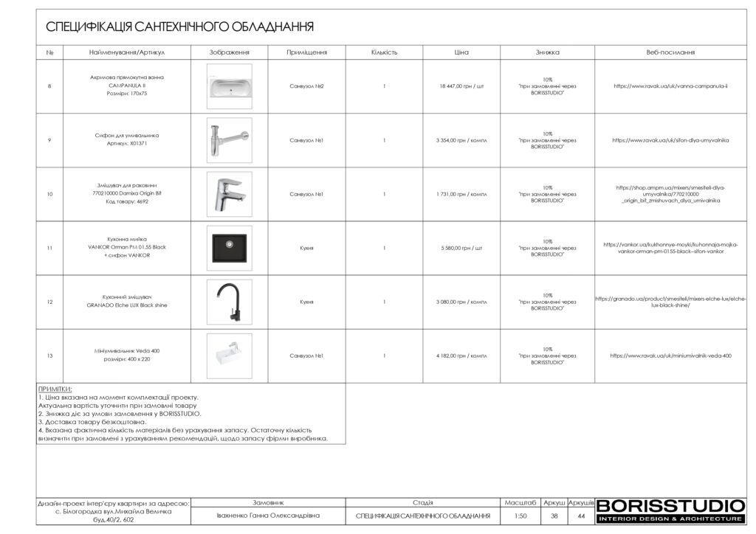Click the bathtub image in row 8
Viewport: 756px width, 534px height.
[x=229, y=86]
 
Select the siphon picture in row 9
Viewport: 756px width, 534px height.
[x=229, y=140]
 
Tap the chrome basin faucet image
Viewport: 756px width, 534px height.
[x=229, y=194]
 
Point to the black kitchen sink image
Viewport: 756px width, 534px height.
[x=229, y=248]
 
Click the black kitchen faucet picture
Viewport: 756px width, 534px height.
[x=229, y=302]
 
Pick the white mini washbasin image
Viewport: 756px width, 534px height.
[x=229, y=356]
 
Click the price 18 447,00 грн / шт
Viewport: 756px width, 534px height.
[x=461, y=86]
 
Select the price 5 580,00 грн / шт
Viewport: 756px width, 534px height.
[x=461, y=248]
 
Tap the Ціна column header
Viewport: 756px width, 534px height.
[x=461, y=52]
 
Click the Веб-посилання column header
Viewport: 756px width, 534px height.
[x=670, y=52]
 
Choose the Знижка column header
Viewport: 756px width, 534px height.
[x=547, y=52]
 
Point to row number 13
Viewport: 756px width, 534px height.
[x=49, y=356]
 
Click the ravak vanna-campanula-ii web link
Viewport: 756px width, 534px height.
[x=670, y=86]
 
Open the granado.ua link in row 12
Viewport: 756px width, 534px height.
[x=670, y=302]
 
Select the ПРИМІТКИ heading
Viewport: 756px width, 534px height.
[x=55, y=389]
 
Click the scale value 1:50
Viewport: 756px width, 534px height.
[x=520, y=516]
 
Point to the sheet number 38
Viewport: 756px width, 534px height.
[x=554, y=516]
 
